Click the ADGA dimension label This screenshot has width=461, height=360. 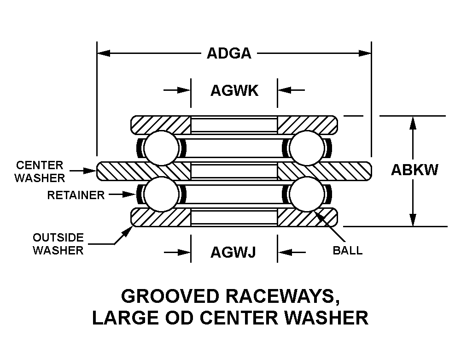pyautogui.click(x=229, y=53)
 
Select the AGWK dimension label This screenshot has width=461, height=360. pyautogui.click(x=234, y=90)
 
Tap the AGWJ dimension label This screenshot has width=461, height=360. pyautogui.click(x=233, y=252)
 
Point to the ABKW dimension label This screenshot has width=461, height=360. pyautogui.click(x=414, y=170)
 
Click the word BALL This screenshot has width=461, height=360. pyautogui.click(x=347, y=251)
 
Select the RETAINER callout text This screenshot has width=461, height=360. pyautogui.click(x=76, y=195)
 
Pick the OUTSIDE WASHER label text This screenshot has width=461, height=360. pyautogui.click(x=58, y=244)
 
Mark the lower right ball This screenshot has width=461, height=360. pyautogui.click(x=307, y=195)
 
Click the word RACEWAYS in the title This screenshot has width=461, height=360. pyautogui.click(x=276, y=296)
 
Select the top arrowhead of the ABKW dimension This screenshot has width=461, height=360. pyautogui.click(x=413, y=122)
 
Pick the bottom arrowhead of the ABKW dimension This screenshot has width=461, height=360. pyautogui.click(x=413, y=220)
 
